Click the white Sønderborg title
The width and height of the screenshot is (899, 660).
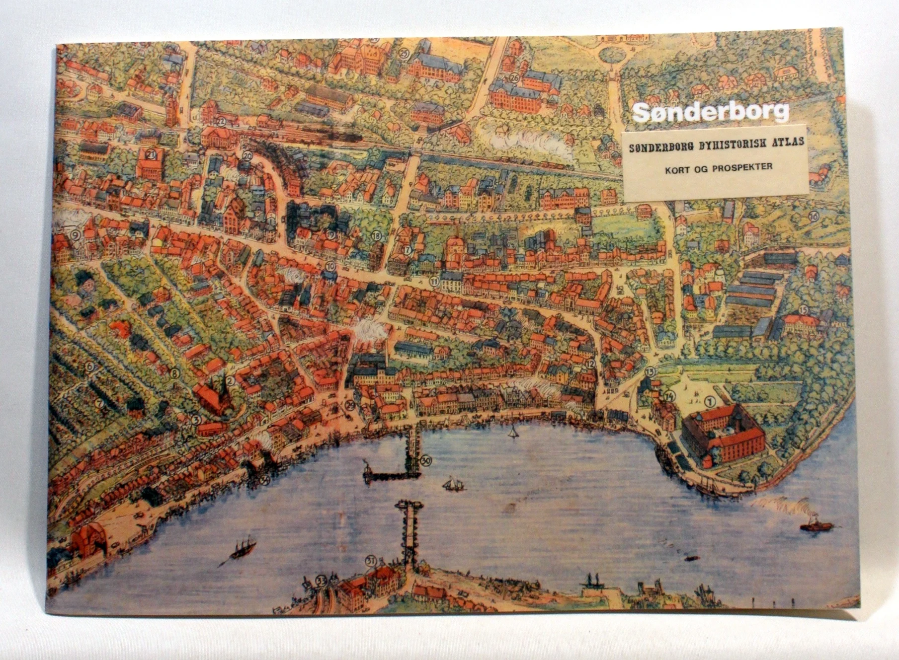point(711,113)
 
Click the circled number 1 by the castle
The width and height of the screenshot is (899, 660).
point(709,399)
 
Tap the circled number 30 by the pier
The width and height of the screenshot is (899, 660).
point(426,461)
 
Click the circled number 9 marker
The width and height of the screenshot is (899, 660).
point(76,234)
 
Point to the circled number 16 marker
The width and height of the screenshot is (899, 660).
point(813,216)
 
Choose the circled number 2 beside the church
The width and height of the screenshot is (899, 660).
point(230,381)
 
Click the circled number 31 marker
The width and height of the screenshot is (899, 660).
point(370,561)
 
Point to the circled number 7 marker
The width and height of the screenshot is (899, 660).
point(98,403)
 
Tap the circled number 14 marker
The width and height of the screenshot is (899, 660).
point(669,396)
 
